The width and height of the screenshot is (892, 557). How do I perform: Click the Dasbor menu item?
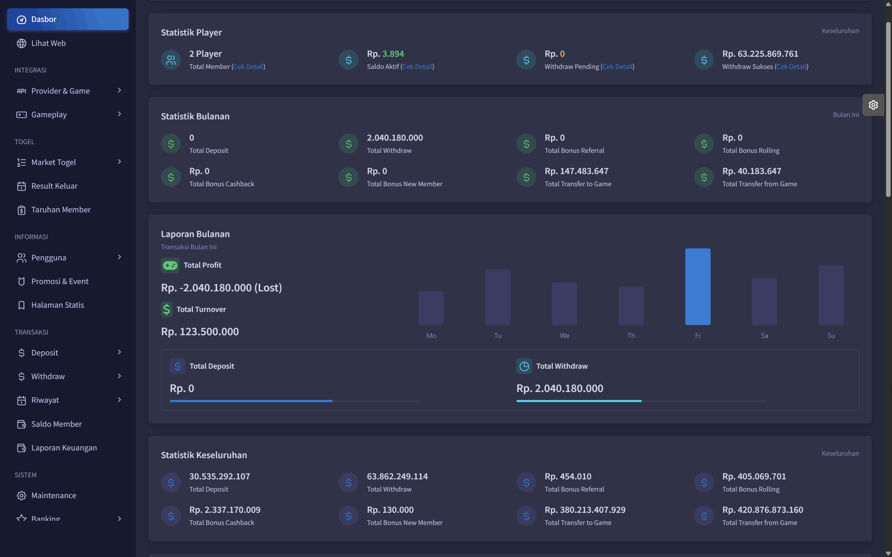pyautogui.click(x=68, y=19)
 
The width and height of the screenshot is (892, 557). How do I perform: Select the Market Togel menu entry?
pyautogui.click(x=53, y=162)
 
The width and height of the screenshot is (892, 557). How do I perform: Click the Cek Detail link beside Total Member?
pyautogui.click(x=248, y=66)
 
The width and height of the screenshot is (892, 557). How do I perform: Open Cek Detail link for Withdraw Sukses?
pyautogui.click(x=791, y=66)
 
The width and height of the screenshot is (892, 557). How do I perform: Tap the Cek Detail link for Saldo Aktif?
pyautogui.click(x=417, y=66)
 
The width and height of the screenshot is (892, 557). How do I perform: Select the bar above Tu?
pyautogui.click(x=498, y=297)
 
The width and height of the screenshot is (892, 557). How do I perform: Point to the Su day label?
pyautogui.click(x=831, y=336)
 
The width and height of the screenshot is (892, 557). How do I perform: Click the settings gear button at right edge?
pyautogui.click(x=873, y=105)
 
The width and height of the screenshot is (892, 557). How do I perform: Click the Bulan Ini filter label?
pyautogui.click(x=846, y=115)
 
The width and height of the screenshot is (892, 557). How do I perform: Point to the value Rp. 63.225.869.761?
pyautogui.click(x=760, y=54)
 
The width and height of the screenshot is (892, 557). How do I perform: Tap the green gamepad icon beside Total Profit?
pyautogui.click(x=170, y=265)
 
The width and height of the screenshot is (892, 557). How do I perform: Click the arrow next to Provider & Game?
pyautogui.click(x=119, y=90)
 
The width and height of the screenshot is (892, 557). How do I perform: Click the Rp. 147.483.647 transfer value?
pyautogui.click(x=576, y=171)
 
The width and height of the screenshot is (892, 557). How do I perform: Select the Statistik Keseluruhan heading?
pyautogui.click(x=204, y=455)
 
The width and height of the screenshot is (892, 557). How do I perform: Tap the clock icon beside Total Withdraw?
pyautogui.click(x=524, y=366)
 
